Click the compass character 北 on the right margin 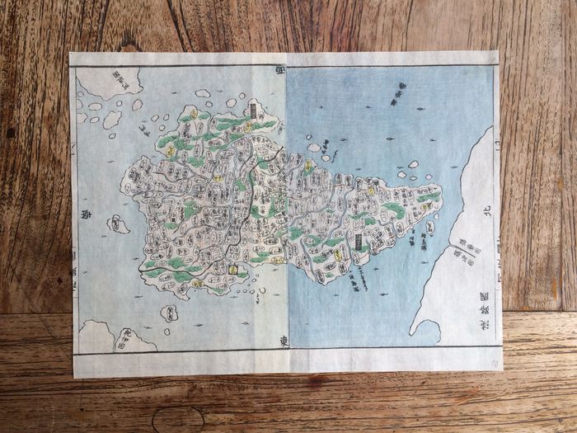(486, 211)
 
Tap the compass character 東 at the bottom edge (277, 343)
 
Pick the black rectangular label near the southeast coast (359, 242)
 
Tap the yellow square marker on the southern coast (234, 269)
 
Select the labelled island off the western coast (119, 224)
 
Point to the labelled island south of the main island (169, 313)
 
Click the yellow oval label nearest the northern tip (193, 111)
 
